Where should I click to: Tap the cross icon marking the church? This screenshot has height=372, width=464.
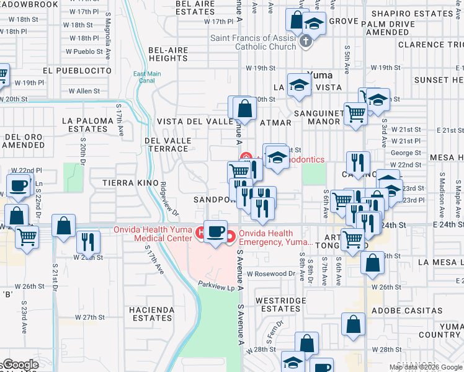[x=304, y=42]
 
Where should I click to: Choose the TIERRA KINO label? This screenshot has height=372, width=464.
[x=122, y=183]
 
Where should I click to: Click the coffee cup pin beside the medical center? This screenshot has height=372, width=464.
[x=215, y=232]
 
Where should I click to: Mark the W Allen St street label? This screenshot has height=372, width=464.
[x=84, y=91]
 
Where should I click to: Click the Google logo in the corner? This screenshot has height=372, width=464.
[x=21, y=365]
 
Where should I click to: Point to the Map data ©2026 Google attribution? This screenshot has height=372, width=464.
[x=426, y=367]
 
